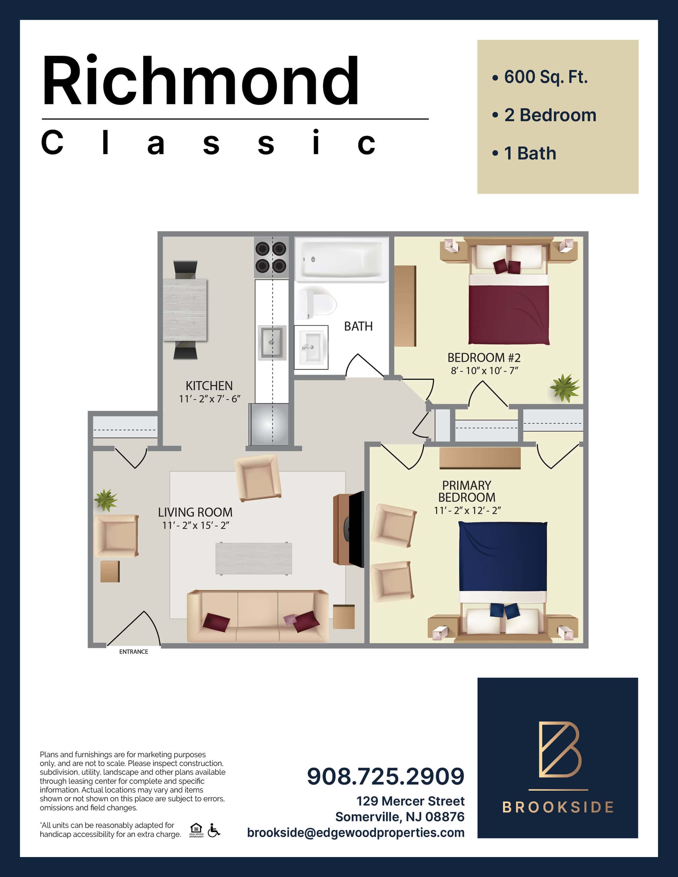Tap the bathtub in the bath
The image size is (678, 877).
click(x=342, y=260)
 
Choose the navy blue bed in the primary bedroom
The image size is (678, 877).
click(x=503, y=582)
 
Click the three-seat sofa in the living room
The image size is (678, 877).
click(x=258, y=616)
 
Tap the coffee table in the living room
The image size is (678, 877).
click(x=254, y=558)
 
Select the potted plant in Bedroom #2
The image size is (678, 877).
click(x=565, y=388)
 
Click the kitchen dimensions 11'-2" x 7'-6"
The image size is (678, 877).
click(x=209, y=399)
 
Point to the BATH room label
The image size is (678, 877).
click(x=358, y=326)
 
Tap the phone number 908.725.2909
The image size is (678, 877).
click(x=385, y=776)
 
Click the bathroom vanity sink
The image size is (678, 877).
click(x=311, y=347)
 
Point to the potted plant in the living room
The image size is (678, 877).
click(x=106, y=500)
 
